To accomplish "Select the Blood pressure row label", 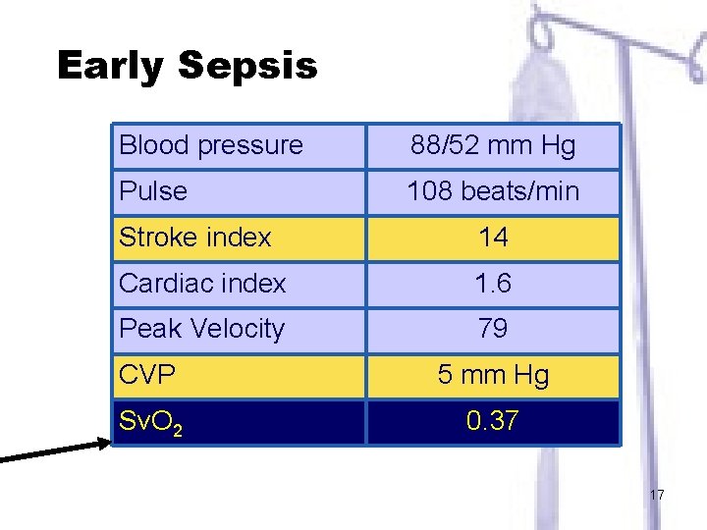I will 211,146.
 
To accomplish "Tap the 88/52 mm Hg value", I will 493,146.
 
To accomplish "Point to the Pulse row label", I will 152,190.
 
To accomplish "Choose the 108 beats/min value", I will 493,190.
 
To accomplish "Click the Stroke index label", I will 194,238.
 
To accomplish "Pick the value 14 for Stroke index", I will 493,238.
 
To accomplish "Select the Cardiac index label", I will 202,284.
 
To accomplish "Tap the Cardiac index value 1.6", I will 493,284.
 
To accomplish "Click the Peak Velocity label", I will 201,329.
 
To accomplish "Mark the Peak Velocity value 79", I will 493,329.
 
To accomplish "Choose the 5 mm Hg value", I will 493,374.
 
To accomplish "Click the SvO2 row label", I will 147,422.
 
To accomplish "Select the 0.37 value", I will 493,421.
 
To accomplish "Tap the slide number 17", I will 657,495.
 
